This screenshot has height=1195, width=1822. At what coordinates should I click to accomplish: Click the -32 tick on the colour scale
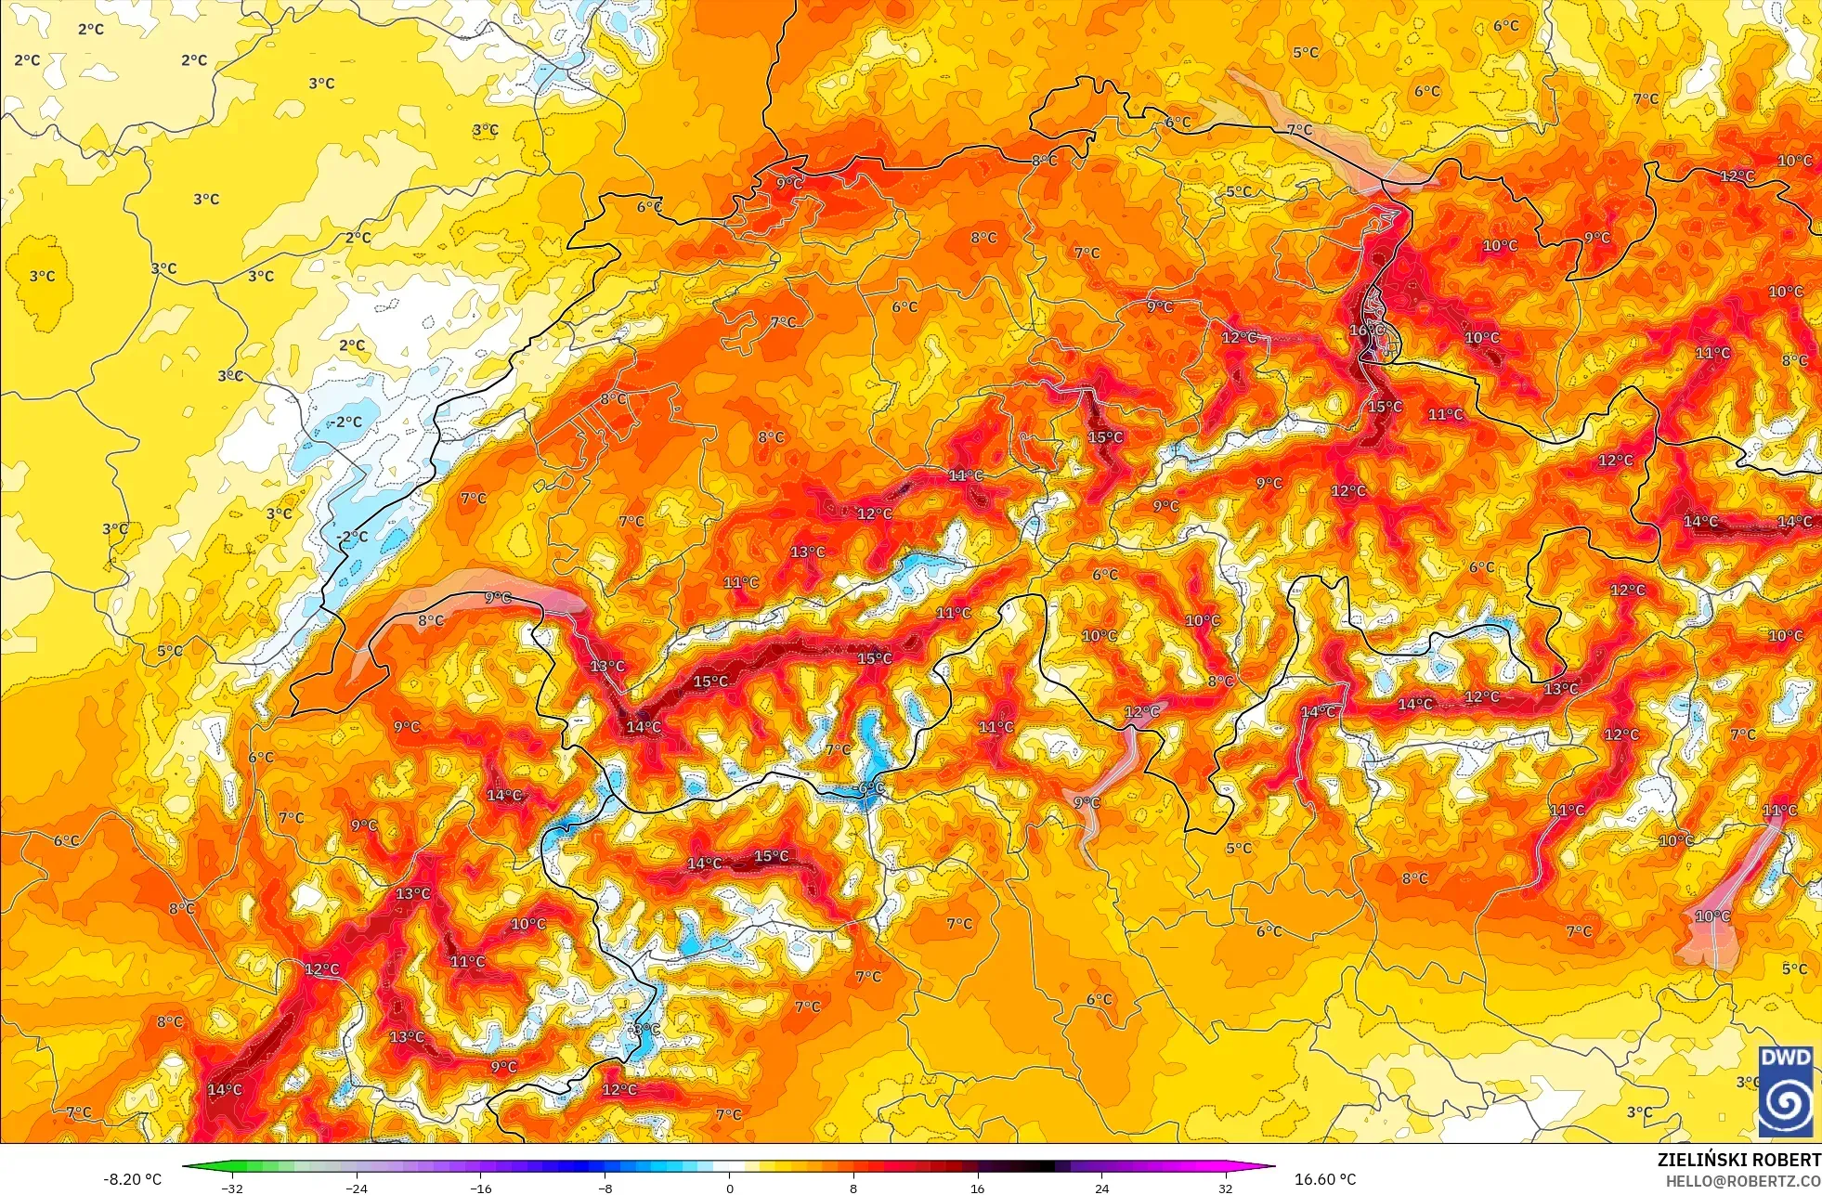[232, 1188]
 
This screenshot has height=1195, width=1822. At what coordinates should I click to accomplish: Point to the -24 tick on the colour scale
[357, 1188]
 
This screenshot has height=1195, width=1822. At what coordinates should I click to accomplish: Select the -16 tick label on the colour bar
[480, 1188]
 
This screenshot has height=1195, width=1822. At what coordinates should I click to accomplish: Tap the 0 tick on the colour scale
[729, 1188]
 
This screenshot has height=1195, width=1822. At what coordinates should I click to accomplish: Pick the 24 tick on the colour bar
[1101, 1188]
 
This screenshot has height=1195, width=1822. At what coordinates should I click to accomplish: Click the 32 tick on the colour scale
[1226, 1188]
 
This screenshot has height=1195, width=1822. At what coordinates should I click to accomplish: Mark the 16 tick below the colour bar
[977, 1188]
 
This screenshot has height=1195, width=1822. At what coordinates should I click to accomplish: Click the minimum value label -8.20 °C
[132, 1179]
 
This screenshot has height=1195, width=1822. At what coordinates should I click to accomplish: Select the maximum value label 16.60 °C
[1325, 1179]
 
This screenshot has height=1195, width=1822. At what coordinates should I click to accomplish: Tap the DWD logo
[1786, 1091]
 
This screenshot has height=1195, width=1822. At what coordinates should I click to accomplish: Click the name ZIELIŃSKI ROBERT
[1738, 1160]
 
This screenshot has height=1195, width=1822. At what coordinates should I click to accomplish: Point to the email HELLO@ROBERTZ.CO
[1742, 1181]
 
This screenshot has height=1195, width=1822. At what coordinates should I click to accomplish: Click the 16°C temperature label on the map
[1367, 331]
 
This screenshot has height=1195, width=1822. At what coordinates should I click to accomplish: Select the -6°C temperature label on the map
[871, 788]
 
